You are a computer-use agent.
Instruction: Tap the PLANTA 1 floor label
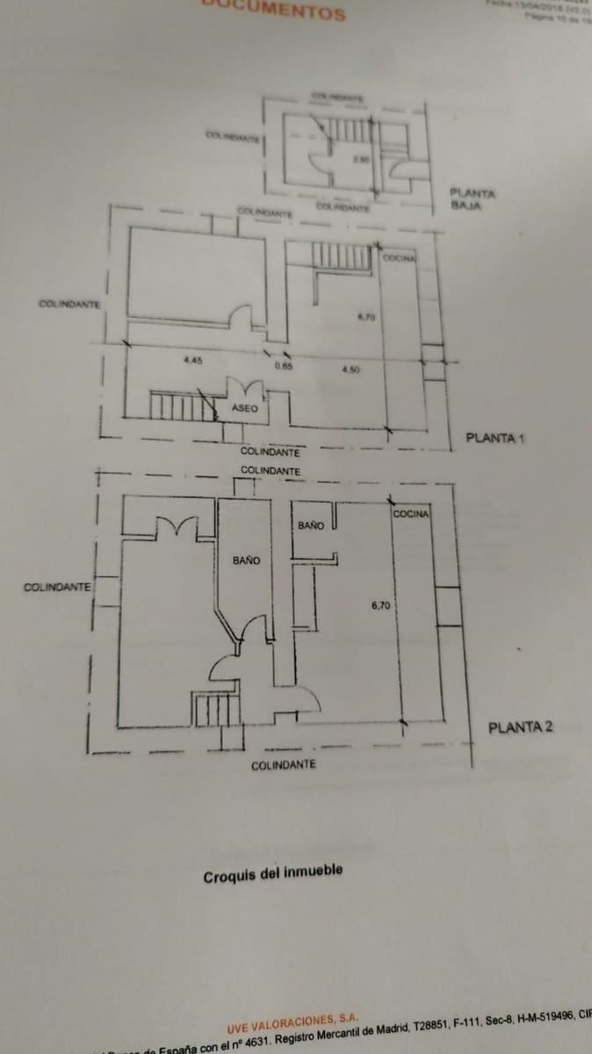pos(495,437)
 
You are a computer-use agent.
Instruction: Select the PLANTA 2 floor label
pos(520,727)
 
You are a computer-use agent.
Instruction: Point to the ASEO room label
pos(244,409)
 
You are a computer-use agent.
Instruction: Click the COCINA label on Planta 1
pos(399,257)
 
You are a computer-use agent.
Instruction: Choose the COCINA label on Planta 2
pos(410,514)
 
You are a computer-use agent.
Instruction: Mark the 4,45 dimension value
pos(193,360)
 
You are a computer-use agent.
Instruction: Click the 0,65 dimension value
pos(283,367)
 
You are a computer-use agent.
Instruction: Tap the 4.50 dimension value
pos(350,370)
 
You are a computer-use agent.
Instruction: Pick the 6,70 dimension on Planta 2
pos(380,605)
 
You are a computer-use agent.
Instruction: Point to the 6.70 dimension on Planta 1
pos(366,317)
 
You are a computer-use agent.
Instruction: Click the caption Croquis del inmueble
pos(273,875)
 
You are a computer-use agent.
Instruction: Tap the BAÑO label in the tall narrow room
pos(246,560)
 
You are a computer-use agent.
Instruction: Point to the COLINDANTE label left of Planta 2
pos(57,588)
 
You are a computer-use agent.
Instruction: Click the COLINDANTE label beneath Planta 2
pos(283,766)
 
